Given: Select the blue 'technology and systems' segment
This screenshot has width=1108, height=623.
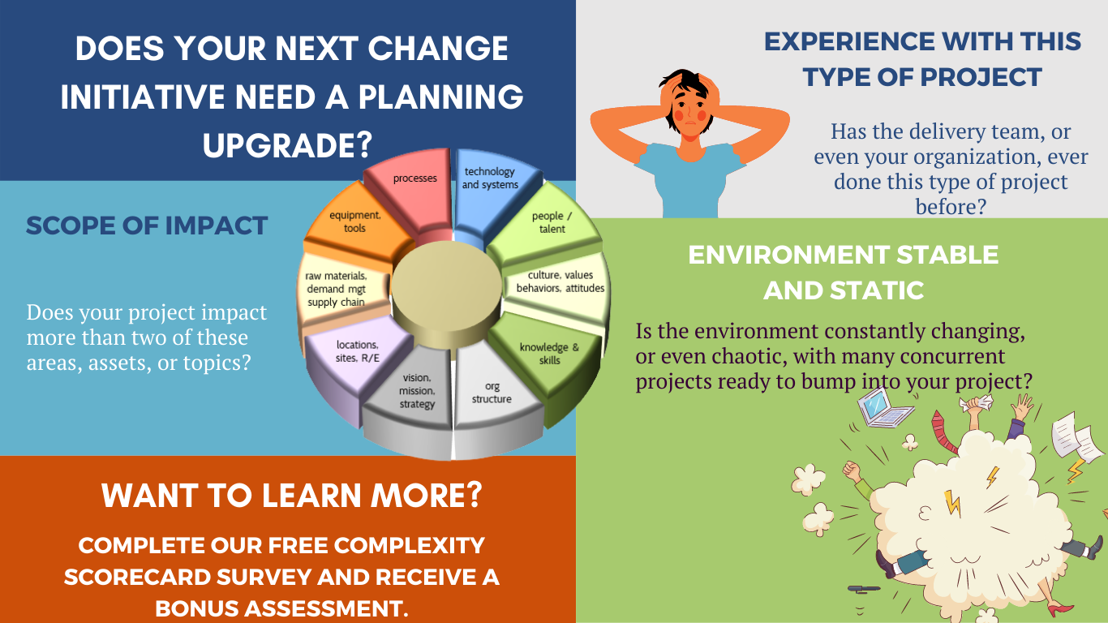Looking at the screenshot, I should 490,183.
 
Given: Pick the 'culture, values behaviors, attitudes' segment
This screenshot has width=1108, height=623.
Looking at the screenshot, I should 560,281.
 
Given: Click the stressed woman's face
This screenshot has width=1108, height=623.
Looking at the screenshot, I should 689,105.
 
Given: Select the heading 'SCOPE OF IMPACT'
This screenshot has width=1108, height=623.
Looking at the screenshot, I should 147,226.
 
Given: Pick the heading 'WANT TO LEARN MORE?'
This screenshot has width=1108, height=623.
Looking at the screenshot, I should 291,496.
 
